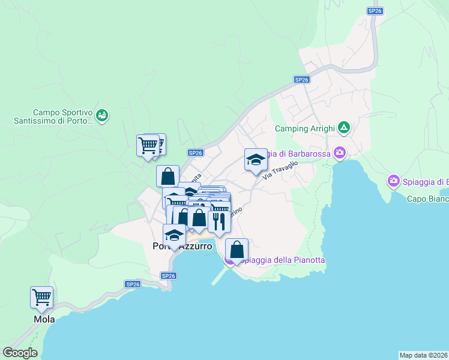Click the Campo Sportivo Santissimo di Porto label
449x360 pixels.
point(62,116)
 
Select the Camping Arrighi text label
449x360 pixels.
point(304,128)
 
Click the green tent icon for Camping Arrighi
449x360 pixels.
point(343,127)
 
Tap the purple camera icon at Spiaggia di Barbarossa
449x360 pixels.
point(340,153)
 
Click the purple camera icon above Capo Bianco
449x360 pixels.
point(394,181)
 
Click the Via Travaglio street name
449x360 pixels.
point(280,170)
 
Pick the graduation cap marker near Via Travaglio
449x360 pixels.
point(256,160)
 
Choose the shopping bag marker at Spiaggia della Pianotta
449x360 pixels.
point(237,250)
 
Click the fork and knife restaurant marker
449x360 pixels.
point(219,221)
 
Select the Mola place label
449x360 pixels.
point(44,319)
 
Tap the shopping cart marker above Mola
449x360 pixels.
point(41,297)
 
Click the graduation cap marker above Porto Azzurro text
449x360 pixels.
point(174,235)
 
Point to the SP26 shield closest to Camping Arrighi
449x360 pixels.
point(301,79)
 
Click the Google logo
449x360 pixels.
point(19,353)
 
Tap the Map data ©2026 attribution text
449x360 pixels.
point(423,355)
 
